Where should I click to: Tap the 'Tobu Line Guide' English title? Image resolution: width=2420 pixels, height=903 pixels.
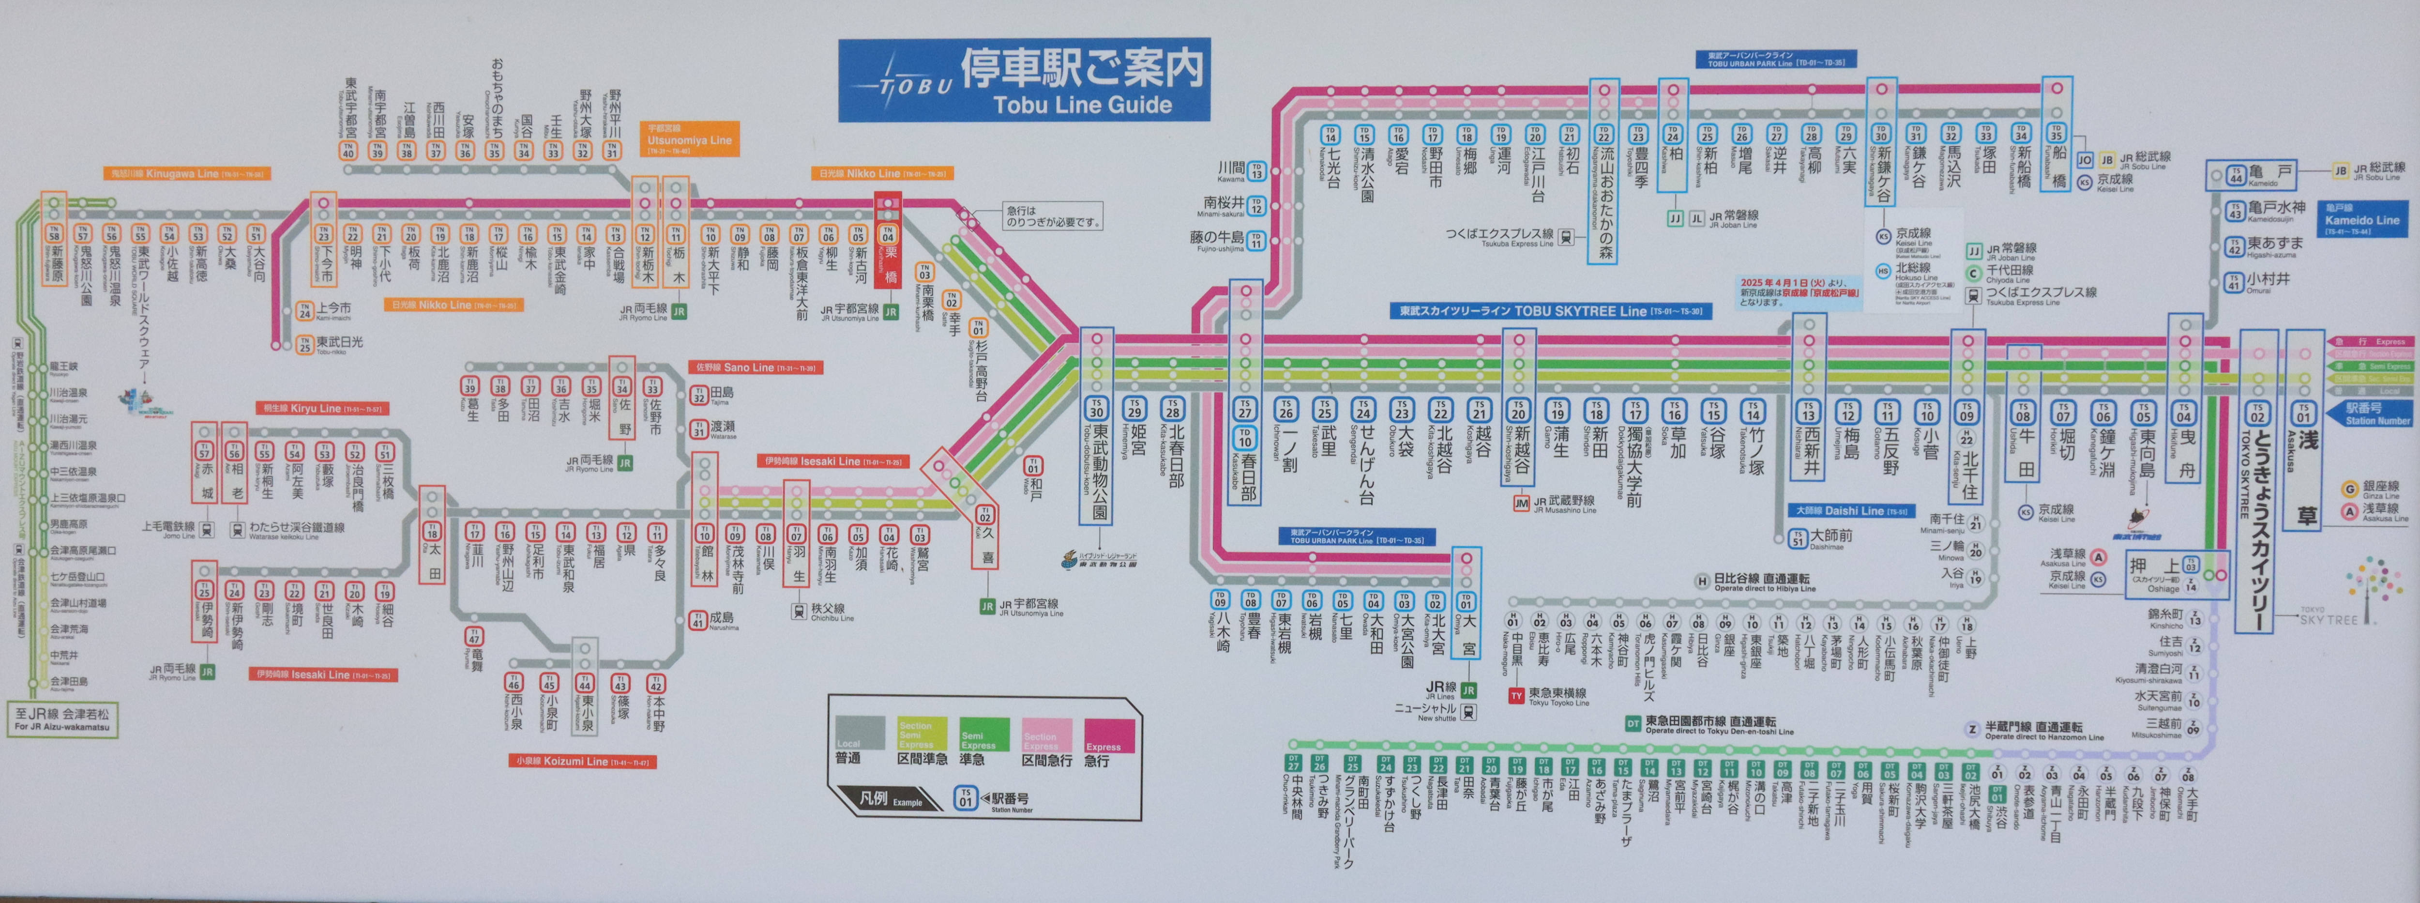pos(1082,104)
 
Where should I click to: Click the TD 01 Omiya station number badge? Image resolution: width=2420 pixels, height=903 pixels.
pos(1466,601)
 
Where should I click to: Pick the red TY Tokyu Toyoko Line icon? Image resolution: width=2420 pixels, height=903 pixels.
pos(1515,696)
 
